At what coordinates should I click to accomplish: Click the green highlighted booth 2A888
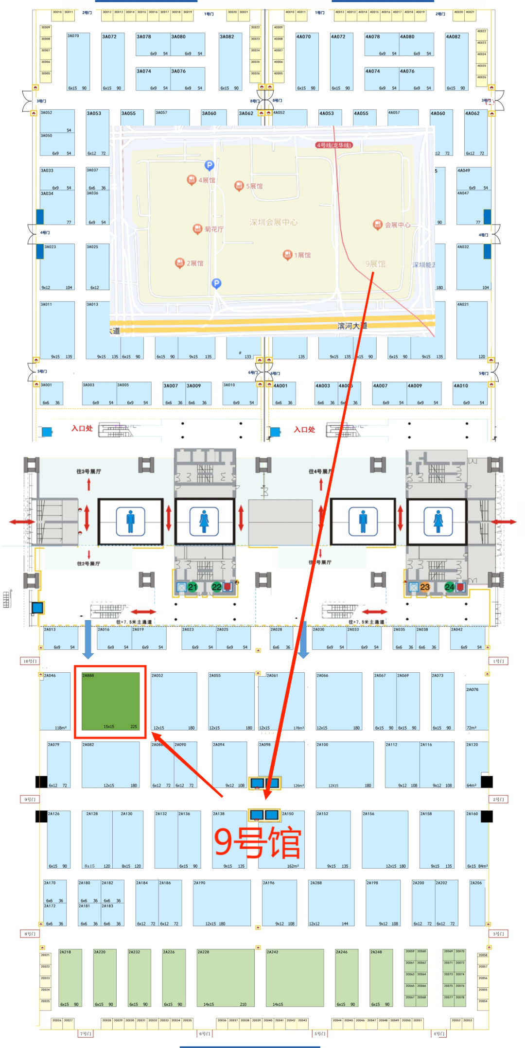[110, 701]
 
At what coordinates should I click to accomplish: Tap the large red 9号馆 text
[258, 842]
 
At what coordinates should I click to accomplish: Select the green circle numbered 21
[192, 587]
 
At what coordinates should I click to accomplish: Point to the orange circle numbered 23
[425, 587]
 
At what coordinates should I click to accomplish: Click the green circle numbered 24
[449, 587]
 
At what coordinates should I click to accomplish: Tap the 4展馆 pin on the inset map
[192, 180]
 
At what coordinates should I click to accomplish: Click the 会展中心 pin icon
[378, 224]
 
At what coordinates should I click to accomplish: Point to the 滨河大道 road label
[352, 326]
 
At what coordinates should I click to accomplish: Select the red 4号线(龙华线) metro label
[334, 145]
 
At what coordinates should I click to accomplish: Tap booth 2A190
[222, 903]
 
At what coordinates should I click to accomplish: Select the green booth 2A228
[226, 978]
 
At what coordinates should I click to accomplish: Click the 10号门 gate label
[29, 661]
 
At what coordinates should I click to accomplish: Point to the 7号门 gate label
[85, 1033]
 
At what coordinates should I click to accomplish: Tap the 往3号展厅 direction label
[88, 472]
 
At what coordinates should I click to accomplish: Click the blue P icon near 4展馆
[209, 165]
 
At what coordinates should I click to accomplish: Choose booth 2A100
[345, 765]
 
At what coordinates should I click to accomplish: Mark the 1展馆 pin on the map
[287, 255]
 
